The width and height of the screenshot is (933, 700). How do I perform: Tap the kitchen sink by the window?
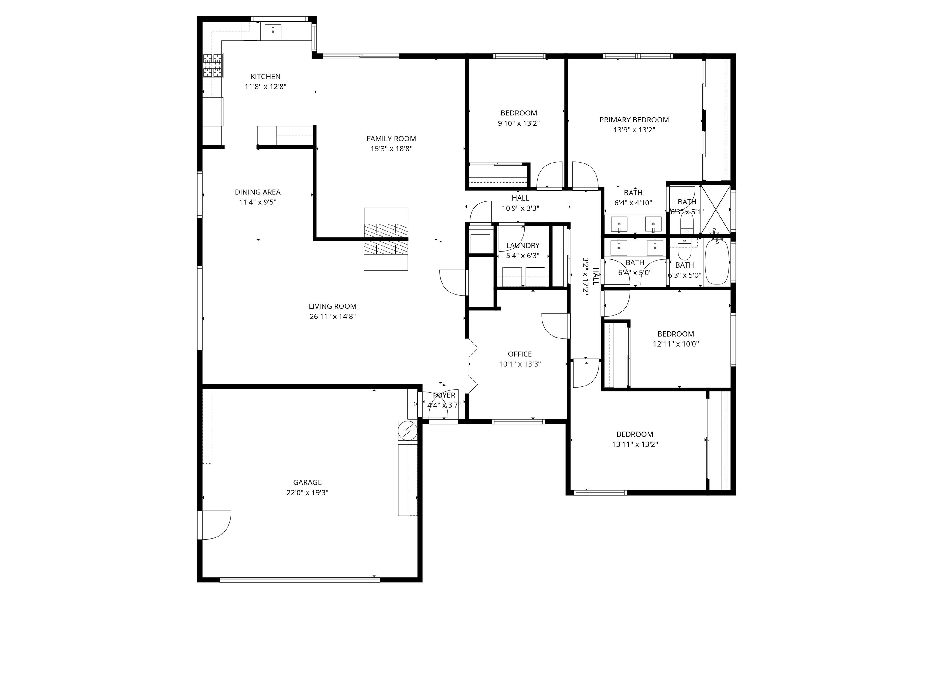pos(273,32)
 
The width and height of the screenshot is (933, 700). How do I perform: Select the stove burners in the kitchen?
pos(213,65)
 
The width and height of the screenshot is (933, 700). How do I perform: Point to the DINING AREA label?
pos(257,192)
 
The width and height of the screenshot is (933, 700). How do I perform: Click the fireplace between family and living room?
pos(386,239)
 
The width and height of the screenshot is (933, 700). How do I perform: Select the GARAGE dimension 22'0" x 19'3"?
pos(307,493)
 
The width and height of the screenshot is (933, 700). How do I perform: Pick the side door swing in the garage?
pos(215,525)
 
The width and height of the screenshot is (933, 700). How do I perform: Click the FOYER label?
pos(444,395)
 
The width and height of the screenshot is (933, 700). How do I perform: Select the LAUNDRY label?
pos(523,245)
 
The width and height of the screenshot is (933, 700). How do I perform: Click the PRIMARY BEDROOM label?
pos(634,120)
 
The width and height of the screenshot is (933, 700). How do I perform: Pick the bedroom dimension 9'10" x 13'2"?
pos(518,124)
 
